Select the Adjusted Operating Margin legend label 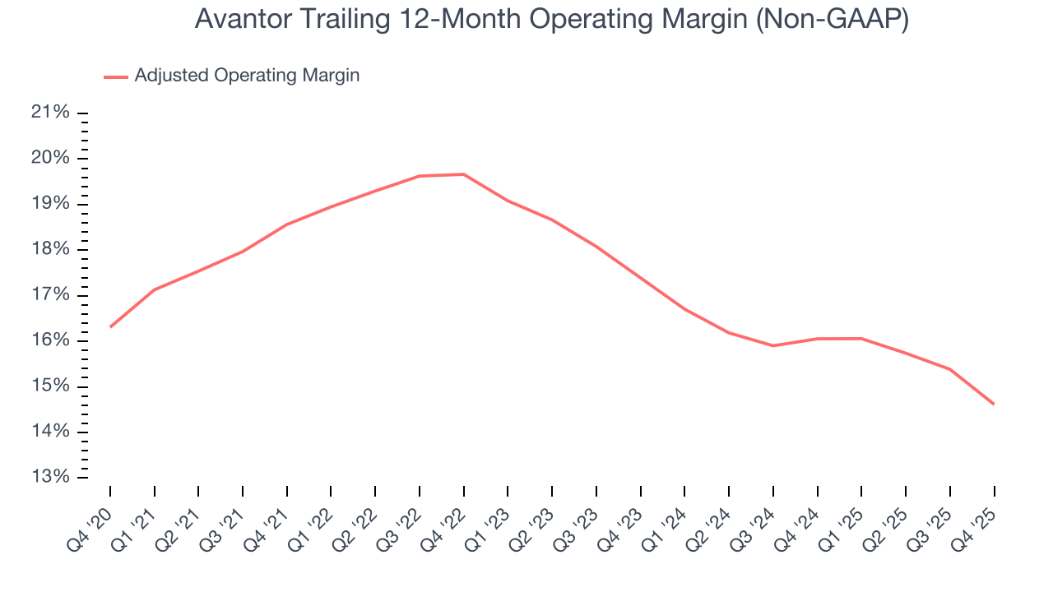click(x=247, y=76)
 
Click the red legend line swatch click(x=116, y=76)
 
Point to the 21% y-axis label click(x=50, y=113)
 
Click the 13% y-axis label click(x=50, y=478)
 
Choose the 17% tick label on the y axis click(x=50, y=295)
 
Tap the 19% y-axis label click(x=50, y=204)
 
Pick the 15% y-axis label click(x=50, y=386)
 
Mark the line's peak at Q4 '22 click(x=464, y=174)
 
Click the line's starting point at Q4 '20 click(x=110, y=326)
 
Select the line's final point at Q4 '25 click(x=994, y=404)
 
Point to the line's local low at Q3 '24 click(x=773, y=345)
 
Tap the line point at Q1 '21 click(x=155, y=289)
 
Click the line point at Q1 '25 click(x=861, y=339)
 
